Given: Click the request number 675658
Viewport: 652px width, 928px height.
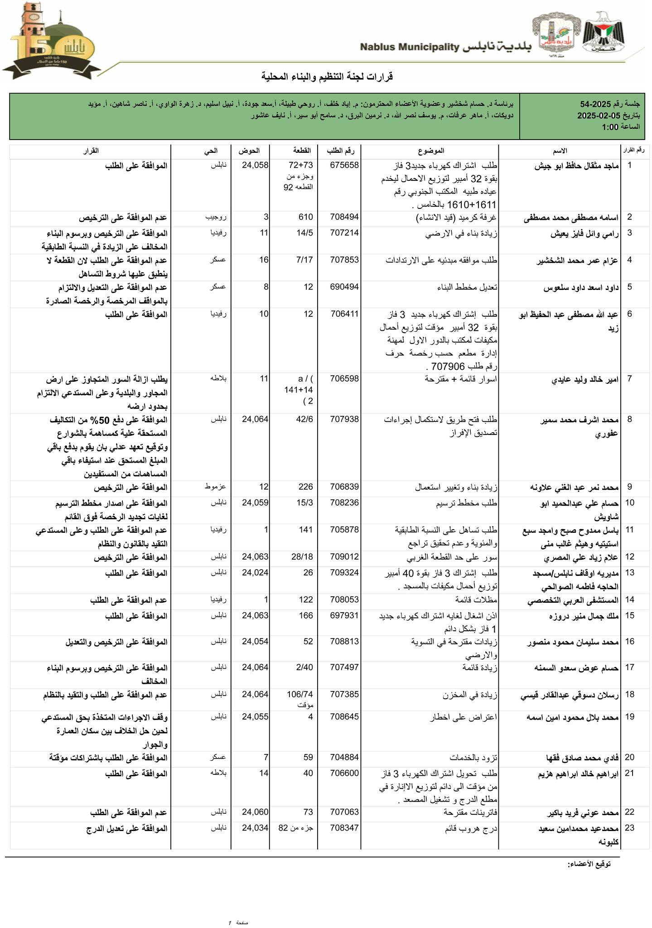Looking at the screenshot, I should tap(344, 165).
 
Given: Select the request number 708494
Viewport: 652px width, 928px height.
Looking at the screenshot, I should tap(344, 217).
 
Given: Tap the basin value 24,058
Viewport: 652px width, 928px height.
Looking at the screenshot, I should tap(255, 165).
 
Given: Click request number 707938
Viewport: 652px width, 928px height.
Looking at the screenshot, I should tap(344, 420).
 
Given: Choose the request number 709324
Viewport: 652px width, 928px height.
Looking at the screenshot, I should tap(344, 573).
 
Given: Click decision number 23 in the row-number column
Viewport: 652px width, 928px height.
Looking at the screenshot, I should tap(629, 828).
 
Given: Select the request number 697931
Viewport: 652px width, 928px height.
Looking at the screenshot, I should tap(344, 615).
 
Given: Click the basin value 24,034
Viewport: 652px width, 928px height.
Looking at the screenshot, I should tap(255, 828).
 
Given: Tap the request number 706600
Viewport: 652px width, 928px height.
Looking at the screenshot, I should tap(344, 773).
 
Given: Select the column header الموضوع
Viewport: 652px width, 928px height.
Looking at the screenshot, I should tap(431, 150).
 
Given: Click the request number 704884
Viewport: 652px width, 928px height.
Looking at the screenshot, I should tap(344, 757).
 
